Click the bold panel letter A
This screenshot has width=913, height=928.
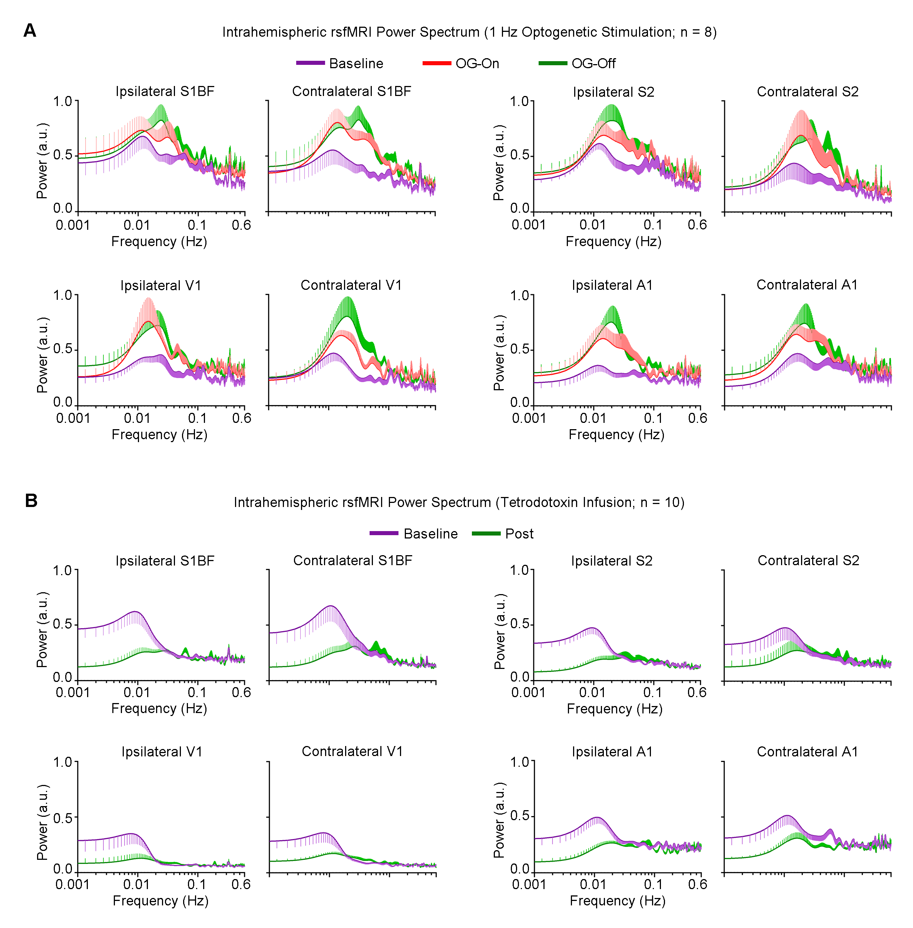point(30,31)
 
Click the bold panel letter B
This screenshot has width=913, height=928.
point(31,501)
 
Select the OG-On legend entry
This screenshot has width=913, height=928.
point(477,63)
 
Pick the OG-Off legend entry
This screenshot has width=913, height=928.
point(593,63)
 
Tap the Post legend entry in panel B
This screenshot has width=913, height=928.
point(519,534)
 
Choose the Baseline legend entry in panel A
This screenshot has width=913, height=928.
point(356,63)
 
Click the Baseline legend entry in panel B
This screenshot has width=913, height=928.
point(430,534)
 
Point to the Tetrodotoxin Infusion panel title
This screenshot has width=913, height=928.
point(459,502)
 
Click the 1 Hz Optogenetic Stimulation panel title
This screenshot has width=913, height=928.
point(469,32)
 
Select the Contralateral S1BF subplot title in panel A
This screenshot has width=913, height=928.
point(351,91)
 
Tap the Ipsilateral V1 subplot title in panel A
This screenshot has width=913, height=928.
point(161,285)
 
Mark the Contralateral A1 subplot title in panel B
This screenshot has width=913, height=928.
point(807,752)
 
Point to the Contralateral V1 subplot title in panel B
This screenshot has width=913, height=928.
point(352,752)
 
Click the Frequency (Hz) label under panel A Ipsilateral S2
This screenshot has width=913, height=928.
point(613,241)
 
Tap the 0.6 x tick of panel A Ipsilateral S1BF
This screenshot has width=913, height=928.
point(241,225)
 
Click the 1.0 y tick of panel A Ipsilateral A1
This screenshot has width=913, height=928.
point(520,295)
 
